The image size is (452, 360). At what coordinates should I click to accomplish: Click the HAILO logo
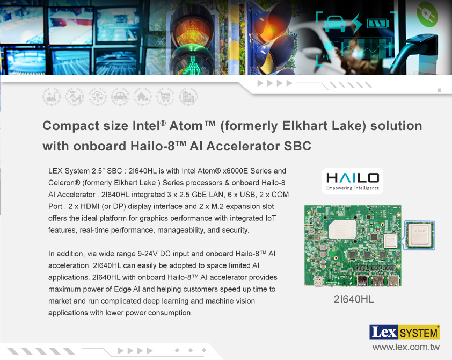pyautogui.click(x=353, y=181)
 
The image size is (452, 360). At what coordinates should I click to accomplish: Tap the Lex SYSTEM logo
pyautogui.click(x=404, y=332)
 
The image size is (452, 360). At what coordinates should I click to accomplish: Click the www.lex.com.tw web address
pyautogui.click(x=406, y=347)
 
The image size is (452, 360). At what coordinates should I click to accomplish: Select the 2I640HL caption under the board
pyautogui.click(x=354, y=299)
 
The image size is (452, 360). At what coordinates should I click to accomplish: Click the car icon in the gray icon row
pyautogui.click(x=120, y=97)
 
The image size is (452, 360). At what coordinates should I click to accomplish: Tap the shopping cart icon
pyautogui.click(x=165, y=97)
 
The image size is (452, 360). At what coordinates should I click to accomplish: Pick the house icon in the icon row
pyautogui.click(x=143, y=97)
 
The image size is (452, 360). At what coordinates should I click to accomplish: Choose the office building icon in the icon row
pyautogui.click(x=188, y=97)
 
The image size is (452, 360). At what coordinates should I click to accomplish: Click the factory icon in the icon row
pyautogui.click(x=52, y=97)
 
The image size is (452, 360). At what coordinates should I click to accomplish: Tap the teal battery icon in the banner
pyautogui.click(x=378, y=23)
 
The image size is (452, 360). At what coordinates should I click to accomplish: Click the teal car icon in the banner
pyautogui.click(x=335, y=23)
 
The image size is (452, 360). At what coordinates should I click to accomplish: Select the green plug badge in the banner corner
pyautogui.click(x=427, y=14)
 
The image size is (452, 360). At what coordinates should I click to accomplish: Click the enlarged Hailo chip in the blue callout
pyautogui.click(x=420, y=235)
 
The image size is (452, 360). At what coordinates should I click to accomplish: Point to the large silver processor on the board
pyautogui.click(x=342, y=229)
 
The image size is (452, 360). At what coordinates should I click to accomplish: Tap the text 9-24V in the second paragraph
pyautogui.click(x=148, y=254)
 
